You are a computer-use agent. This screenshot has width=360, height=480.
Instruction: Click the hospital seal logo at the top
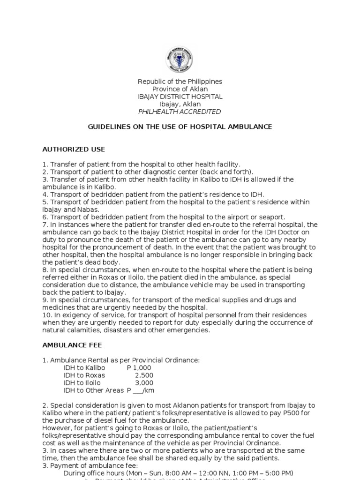(180, 60)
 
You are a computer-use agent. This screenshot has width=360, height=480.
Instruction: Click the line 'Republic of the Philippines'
(180, 82)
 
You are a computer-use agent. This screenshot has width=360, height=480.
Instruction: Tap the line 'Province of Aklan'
(180, 89)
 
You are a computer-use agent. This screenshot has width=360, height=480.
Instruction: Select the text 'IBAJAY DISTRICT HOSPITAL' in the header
(180, 97)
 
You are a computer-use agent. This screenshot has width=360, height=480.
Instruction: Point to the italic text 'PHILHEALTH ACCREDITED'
(180, 112)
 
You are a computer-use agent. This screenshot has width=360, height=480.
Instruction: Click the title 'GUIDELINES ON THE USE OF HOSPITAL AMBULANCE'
(180, 127)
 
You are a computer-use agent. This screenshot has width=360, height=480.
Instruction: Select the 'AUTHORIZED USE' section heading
(74, 150)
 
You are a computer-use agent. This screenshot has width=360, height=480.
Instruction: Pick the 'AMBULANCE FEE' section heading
(72, 345)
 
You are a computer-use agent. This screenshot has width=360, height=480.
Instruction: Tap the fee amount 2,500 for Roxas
(144, 375)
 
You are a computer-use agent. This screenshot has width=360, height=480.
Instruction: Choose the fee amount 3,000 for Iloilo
(144, 382)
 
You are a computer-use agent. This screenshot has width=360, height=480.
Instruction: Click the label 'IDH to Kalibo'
(84, 367)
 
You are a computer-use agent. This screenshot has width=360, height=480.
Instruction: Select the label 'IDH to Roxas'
(84, 375)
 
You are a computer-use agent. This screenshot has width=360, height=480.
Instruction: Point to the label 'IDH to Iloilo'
(82, 382)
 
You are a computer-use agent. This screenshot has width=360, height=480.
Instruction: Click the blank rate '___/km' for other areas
(144, 390)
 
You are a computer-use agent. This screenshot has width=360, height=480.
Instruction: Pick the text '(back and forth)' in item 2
(229, 172)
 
